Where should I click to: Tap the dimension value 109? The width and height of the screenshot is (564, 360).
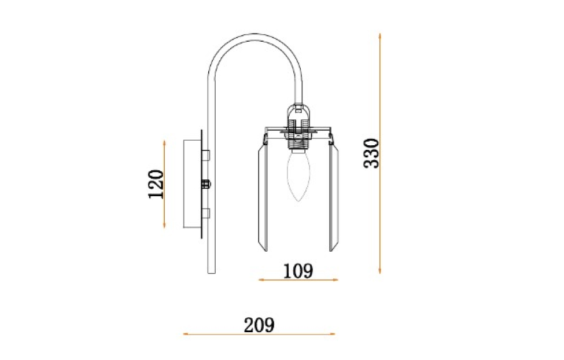pos(298,270)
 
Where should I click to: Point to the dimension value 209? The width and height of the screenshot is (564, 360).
pos(259,325)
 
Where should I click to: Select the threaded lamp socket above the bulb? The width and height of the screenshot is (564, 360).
pos(298,141)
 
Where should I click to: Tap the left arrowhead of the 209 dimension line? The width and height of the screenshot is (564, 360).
pos(186,334)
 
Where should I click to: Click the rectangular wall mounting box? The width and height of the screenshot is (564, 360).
pos(192,183)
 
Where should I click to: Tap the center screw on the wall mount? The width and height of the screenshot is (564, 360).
pos(205,184)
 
